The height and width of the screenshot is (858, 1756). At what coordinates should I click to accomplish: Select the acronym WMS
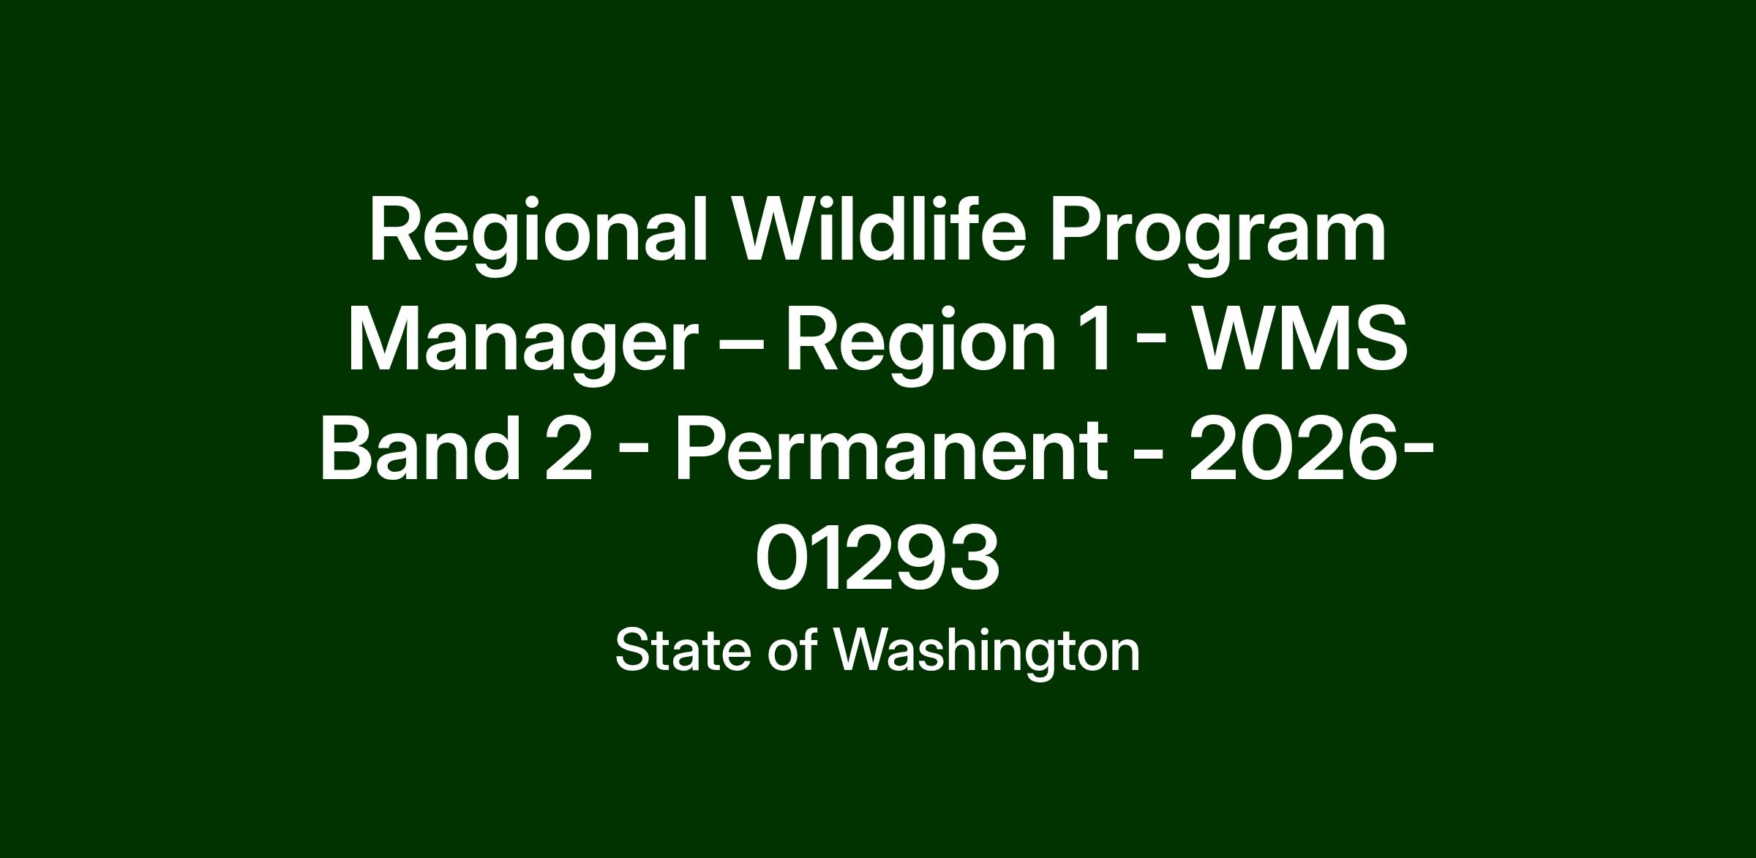(1300, 339)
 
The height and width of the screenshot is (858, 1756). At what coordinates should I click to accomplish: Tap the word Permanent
(890, 448)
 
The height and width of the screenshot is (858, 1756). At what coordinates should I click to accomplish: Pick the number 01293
(877, 558)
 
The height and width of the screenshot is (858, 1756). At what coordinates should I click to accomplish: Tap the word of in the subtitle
(792, 650)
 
